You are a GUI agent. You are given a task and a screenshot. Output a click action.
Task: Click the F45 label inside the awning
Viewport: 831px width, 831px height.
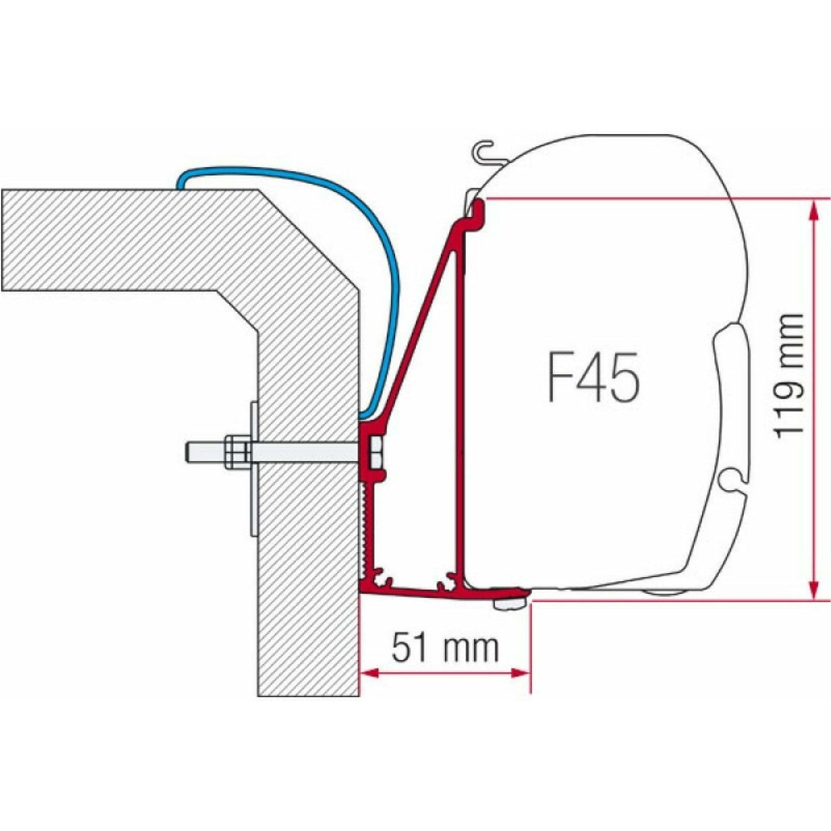pos(592,378)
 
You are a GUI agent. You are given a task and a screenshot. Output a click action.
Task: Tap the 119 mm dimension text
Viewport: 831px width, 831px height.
pos(788,377)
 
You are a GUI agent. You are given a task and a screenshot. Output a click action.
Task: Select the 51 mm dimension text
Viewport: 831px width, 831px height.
pos(445,649)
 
